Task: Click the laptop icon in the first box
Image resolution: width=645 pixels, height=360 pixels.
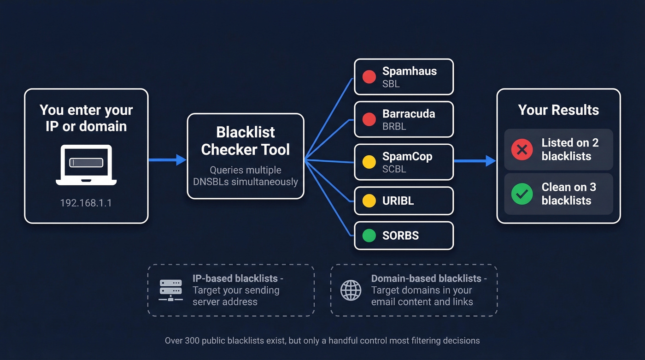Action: pyautogui.click(x=86, y=165)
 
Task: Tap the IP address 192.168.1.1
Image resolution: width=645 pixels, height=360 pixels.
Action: pyautogui.click(x=86, y=203)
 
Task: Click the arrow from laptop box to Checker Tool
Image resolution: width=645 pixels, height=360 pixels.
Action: pyautogui.click(x=167, y=160)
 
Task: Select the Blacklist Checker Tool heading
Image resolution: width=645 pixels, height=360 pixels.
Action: pyautogui.click(x=246, y=141)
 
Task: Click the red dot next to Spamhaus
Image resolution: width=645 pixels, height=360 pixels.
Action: pyautogui.click(x=369, y=77)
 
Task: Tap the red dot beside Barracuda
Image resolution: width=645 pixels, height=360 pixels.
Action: pyautogui.click(x=369, y=119)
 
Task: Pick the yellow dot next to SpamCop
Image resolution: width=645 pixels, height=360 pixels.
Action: pyautogui.click(x=369, y=162)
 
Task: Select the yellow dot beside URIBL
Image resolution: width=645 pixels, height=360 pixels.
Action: pyautogui.click(x=369, y=201)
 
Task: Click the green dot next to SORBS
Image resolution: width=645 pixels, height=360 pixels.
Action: pyautogui.click(x=369, y=236)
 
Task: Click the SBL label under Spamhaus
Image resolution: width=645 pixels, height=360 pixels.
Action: pyautogui.click(x=391, y=84)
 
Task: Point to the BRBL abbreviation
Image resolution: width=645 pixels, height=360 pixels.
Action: pyautogui.click(x=394, y=126)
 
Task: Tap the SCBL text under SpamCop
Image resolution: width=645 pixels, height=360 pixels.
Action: pyautogui.click(x=394, y=169)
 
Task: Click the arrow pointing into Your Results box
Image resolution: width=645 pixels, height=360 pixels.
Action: pyautogui.click(x=475, y=161)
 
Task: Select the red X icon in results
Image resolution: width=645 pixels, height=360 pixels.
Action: pyautogui.click(x=522, y=149)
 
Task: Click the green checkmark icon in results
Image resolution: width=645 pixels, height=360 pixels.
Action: pyautogui.click(x=522, y=194)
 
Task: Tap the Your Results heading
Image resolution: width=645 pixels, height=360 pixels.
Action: pyautogui.click(x=558, y=110)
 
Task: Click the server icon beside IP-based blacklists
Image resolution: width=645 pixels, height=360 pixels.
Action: pyautogui.click(x=170, y=290)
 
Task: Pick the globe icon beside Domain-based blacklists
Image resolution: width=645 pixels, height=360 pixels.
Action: pyautogui.click(x=351, y=290)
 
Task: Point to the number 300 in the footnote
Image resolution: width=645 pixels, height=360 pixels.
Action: pyautogui.click(x=192, y=341)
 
